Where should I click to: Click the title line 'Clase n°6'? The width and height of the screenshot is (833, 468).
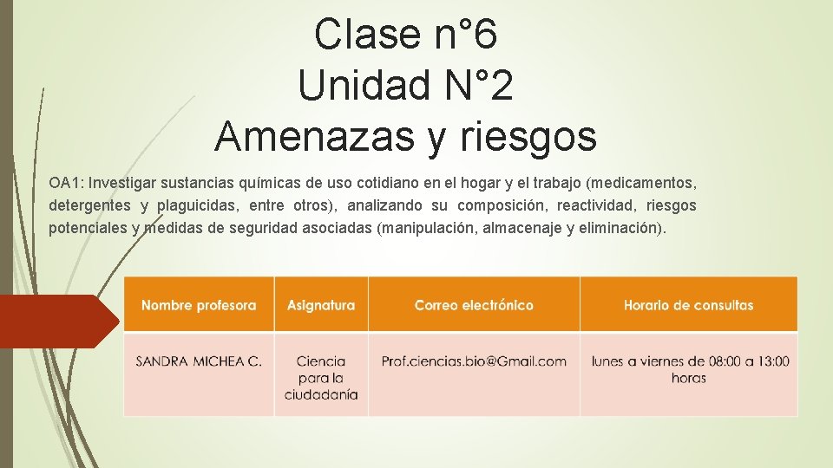(x=405, y=36)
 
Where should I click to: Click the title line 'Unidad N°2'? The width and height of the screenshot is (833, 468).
(x=405, y=86)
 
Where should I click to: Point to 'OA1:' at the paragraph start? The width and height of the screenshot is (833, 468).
(x=66, y=184)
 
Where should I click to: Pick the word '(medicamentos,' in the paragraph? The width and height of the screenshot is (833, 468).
(x=641, y=184)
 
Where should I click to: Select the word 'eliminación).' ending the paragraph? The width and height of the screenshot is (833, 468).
(x=622, y=229)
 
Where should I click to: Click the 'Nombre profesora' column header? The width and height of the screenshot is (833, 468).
(x=199, y=305)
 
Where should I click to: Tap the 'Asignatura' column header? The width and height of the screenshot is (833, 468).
(x=321, y=305)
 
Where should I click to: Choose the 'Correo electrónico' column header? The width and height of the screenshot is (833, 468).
(x=474, y=305)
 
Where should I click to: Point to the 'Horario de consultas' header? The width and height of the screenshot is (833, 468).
(x=688, y=305)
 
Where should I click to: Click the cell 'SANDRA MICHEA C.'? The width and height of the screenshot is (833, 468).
(x=199, y=361)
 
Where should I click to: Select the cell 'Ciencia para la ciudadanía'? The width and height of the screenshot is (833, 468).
(x=321, y=378)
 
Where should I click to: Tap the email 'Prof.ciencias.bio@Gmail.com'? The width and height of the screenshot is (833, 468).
(x=474, y=361)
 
